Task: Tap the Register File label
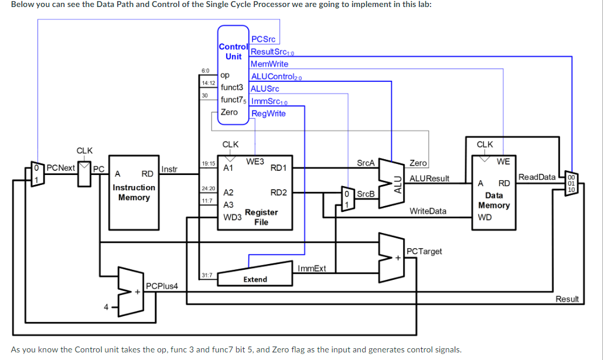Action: point(261,217)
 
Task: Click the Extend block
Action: point(255,279)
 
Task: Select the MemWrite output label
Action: point(269,64)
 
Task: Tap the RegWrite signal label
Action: point(268,114)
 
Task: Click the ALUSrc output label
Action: point(265,89)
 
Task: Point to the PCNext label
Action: point(61,168)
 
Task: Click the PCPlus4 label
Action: point(162,286)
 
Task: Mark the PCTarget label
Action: point(424,251)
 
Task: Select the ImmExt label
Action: point(312,269)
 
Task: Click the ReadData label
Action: point(537,177)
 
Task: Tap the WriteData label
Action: point(428,211)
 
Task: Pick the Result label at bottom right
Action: point(567,299)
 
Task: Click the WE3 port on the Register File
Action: point(255,161)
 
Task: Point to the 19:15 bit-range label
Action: point(208,164)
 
